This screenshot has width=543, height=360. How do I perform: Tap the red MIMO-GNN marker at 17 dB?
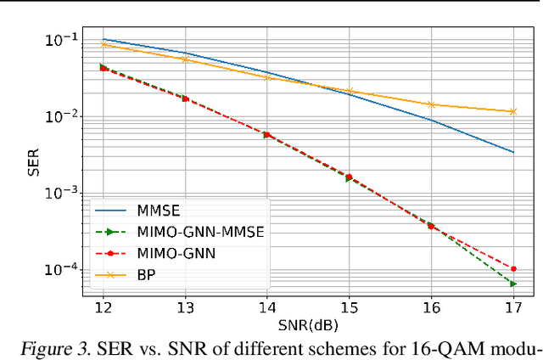click(513, 268)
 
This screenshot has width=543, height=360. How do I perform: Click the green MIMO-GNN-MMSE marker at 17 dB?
click(513, 284)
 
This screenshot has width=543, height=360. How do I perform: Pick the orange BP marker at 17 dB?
click(513, 111)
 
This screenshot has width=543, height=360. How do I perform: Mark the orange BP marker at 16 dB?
click(431, 104)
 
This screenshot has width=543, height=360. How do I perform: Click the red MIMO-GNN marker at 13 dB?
click(185, 98)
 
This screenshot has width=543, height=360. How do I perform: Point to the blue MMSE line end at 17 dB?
click(513, 153)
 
